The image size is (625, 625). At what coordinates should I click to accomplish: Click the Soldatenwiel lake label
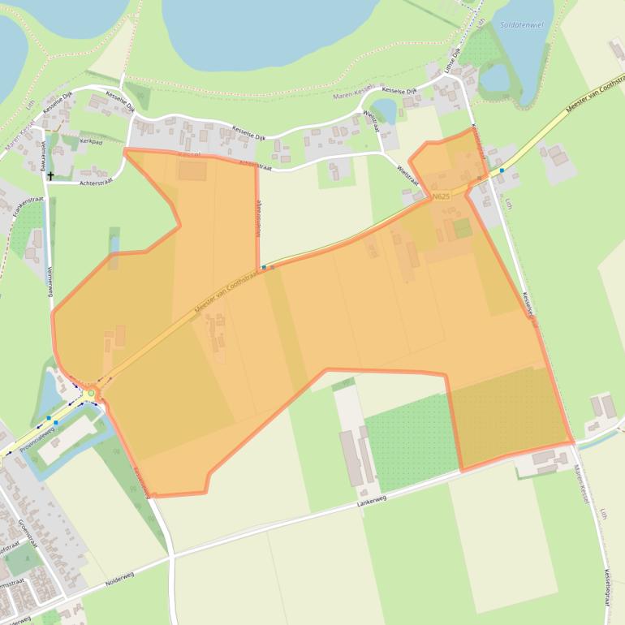click(x=521, y=25)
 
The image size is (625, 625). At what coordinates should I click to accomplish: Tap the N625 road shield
click(x=442, y=196)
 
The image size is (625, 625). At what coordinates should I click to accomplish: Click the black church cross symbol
click(x=50, y=175)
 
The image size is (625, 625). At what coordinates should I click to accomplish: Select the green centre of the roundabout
click(x=91, y=394)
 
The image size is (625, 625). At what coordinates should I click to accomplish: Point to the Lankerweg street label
click(x=372, y=503)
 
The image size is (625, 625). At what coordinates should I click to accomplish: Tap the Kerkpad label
click(x=92, y=141)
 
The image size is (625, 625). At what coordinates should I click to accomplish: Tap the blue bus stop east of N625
click(x=502, y=170)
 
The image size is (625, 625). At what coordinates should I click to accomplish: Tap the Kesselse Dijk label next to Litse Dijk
click(x=399, y=90)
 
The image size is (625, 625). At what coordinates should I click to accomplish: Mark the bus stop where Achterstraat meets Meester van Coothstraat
click(x=264, y=266)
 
